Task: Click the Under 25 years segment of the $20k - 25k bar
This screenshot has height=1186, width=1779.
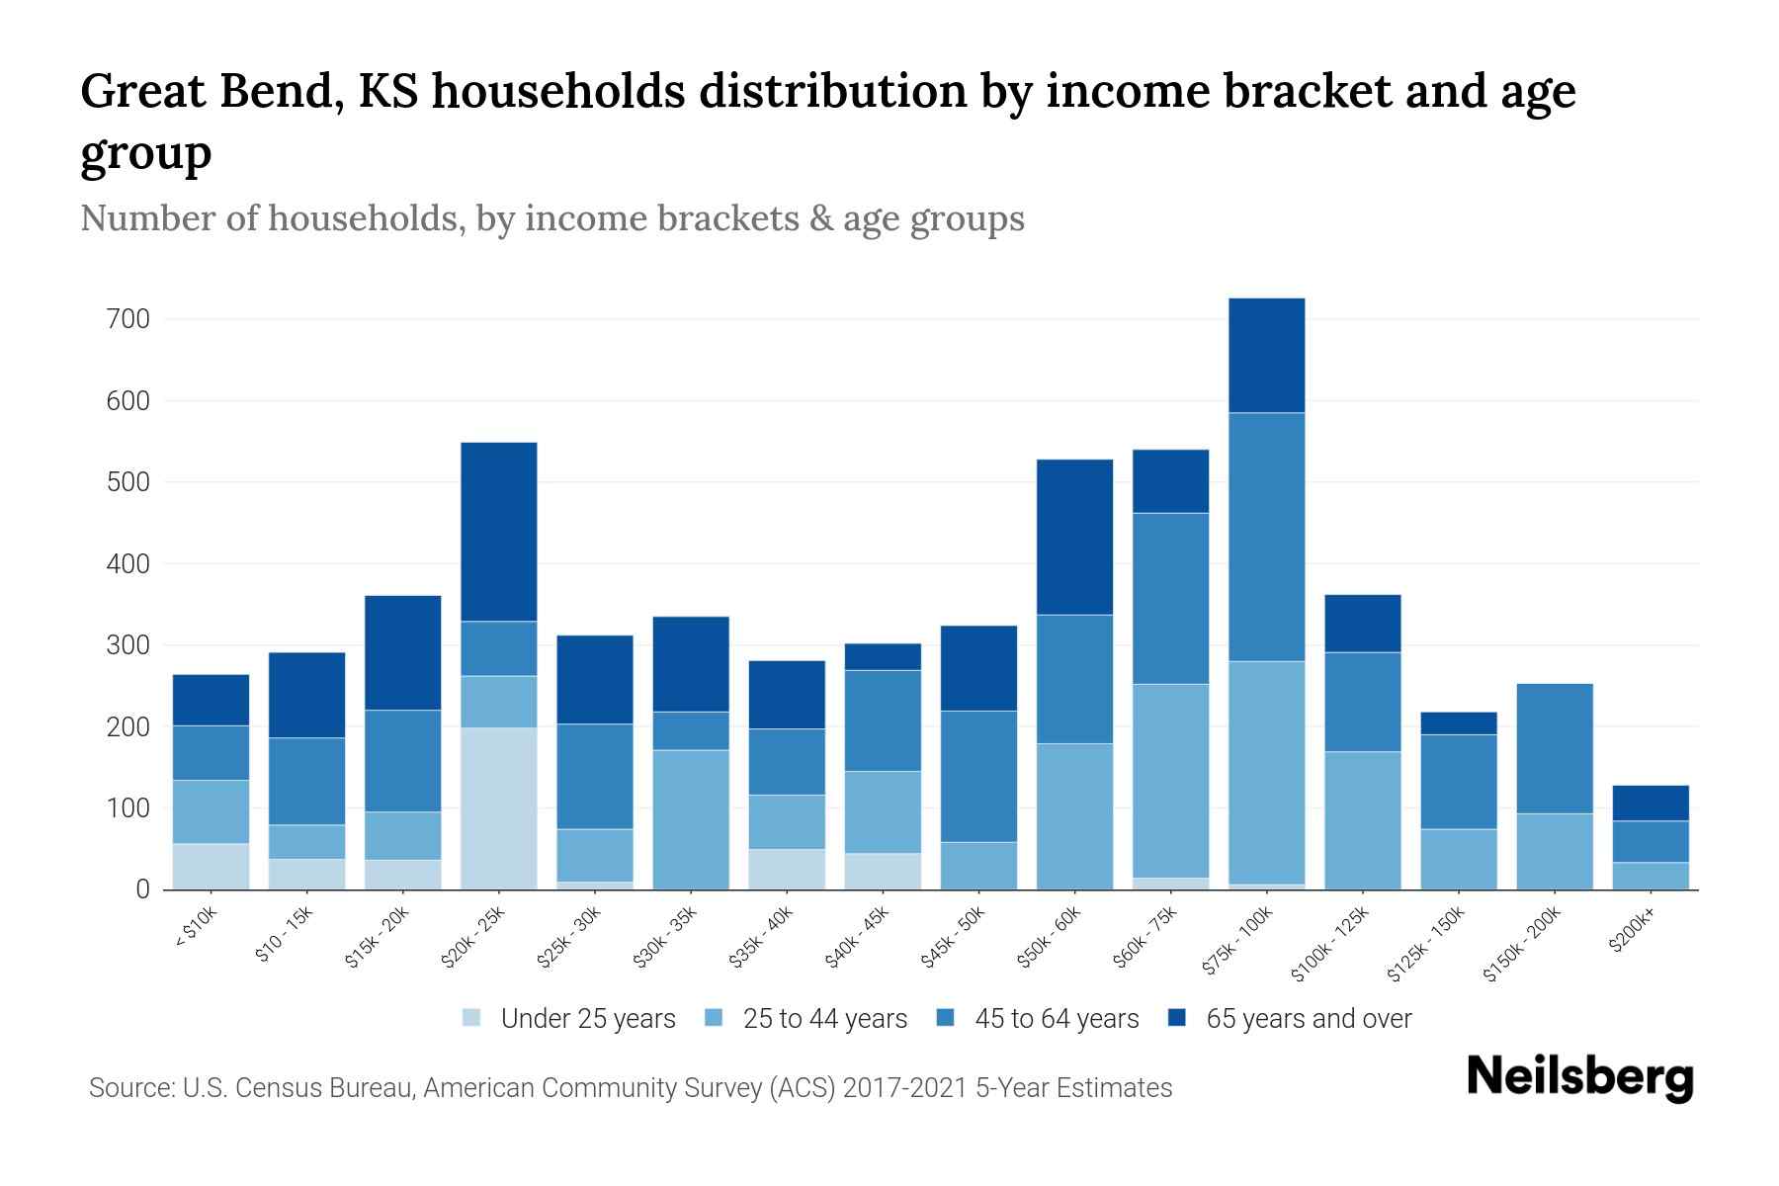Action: click(x=498, y=808)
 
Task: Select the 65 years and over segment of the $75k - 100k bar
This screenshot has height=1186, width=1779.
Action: click(x=1266, y=355)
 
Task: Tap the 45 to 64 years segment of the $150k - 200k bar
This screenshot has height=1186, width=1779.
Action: click(x=1554, y=748)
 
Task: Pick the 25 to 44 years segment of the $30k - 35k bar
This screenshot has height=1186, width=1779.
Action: click(x=691, y=819)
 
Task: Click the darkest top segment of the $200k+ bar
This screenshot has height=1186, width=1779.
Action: click(x=1650, y=803)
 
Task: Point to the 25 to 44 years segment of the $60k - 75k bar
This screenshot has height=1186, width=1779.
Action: click(x=1170, y=781)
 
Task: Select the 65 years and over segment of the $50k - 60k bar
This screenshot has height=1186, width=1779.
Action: click(x=1074, y=537)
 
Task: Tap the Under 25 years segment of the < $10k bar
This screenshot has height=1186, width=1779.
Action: click(x=211, y=866)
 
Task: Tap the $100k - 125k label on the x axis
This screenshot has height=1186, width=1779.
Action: click(x=1330, y=944)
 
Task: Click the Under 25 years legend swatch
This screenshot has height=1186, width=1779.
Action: click(x=472, y=1018)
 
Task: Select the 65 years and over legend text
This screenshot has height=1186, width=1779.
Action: click(x=1309, y=1018)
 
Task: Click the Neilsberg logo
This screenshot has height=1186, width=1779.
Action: click(x=1579, y=1077)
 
